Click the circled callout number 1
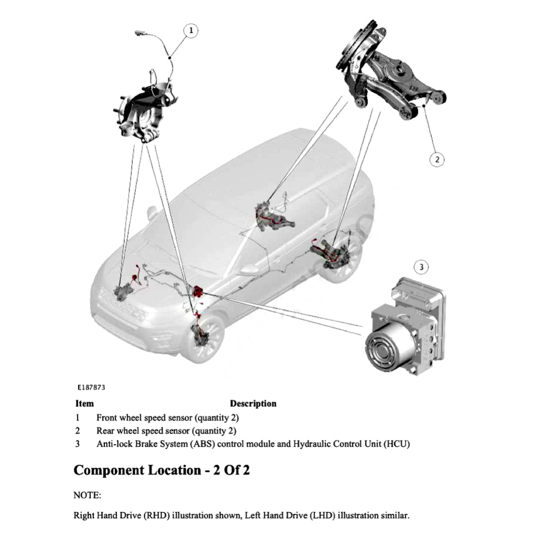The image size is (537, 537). pyautogui.click(x=191, y=31)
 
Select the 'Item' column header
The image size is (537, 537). pyautogui.click(x=84, y=404)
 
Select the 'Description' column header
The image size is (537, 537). pyautogui.click(x=253, y=404)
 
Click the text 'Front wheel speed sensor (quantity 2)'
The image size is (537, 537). pyautogui.click(x=167, y=418)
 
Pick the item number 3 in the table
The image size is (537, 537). pyautogui.click(x=78, y=444)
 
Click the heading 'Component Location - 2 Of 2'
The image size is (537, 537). pyautogui.click(x=162, y=470)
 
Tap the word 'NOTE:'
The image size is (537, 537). pyautogui.click(x=87, y=495)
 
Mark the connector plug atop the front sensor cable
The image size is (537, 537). pyautogui.click(x=138, y=33)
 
